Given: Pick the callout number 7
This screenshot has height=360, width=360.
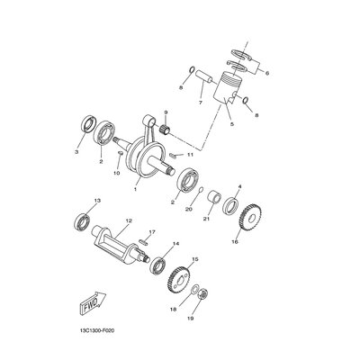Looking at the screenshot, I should point(201,103).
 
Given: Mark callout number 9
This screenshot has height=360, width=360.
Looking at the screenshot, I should point(166,112).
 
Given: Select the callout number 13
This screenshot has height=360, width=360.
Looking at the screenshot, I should point(96,200).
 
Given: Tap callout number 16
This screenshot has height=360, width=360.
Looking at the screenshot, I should point(236,242).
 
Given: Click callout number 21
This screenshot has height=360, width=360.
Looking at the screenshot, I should point(205,219).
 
